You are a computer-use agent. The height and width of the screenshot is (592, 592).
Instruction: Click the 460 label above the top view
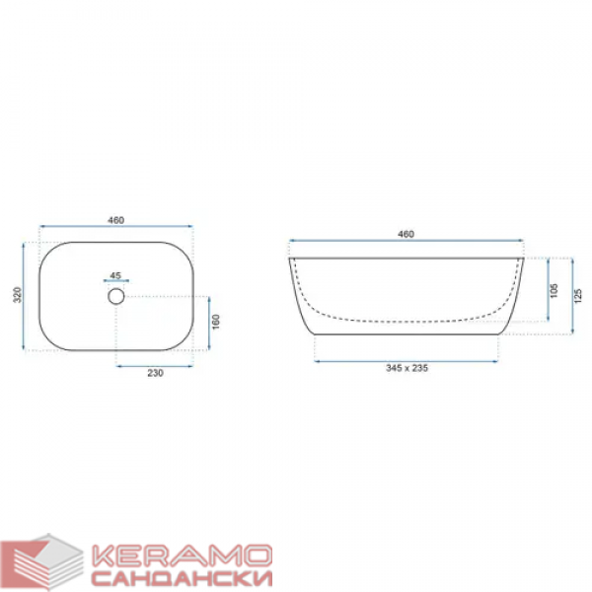pyautogui.click(x=115, y=220)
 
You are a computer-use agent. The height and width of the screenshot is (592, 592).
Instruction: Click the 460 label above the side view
pyautogui.click(x=406, y=234)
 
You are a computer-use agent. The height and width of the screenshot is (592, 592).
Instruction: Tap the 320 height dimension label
pyautogui.click(x=18, y=295)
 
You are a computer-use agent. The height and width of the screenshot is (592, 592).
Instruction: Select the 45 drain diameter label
pyautogui.click(x=115, y=275)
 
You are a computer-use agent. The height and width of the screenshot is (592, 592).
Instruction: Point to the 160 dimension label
pyautogui.click(x=215, y=322)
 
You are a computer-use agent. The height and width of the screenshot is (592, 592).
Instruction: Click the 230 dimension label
pyautogui.click(x=155, y=373)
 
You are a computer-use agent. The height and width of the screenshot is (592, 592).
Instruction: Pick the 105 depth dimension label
pyautogui.click(x=554, y=290)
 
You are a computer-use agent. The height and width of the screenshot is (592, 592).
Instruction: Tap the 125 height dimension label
pyautogui.click(x=578, y=296)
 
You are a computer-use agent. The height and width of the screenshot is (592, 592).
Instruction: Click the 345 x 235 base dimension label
pyautogui.click(x=407, y=368)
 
